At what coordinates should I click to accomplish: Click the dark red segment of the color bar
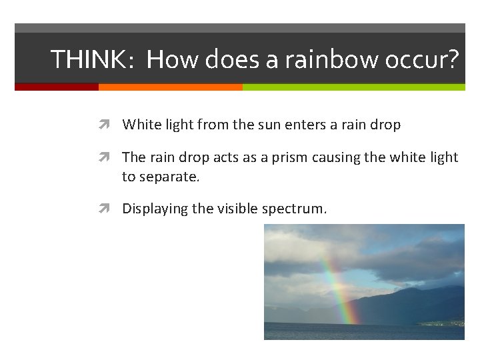[57, 87]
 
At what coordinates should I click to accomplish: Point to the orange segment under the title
[170, 87]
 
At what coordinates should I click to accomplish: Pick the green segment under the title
[353, 87]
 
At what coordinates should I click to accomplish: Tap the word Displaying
[155, 209]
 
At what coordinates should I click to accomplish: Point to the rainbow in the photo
[337, 290]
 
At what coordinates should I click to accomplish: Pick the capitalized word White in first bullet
[138, 125]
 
